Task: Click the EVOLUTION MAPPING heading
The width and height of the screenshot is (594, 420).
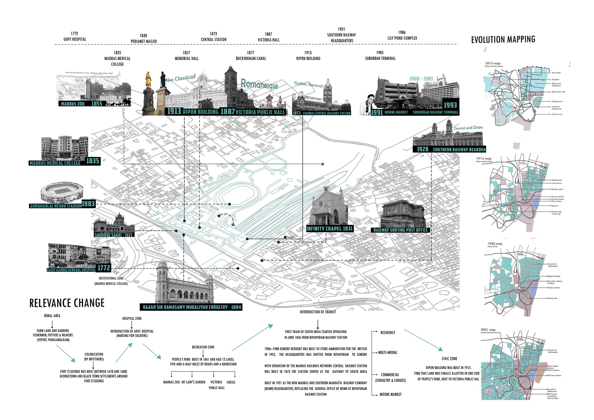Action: pyautogui.click(x=503, y=40)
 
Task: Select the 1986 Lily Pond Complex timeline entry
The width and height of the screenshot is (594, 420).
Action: pyautogui.click(x=402, y=35)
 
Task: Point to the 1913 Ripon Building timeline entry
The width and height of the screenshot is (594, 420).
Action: pyautogui.click(x=308, y=56)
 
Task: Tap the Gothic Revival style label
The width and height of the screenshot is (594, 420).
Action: pyautogui.click(x=308, y=84)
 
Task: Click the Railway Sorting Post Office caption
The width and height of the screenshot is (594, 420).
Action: pyautogui.click(x=400, y=230)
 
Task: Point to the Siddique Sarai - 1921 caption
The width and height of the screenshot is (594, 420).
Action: pyautogui.click(x=114, y=235)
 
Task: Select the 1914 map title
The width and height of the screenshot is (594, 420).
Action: pyautogui.click(x=484, y=158)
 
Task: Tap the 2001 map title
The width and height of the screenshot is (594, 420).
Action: pyautogui.click(x=488, y=330)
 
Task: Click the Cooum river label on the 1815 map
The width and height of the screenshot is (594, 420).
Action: pyautogui.click(x=557, y=114)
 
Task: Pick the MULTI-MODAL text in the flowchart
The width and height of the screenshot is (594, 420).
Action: pyautogui.click(x=388, y=352)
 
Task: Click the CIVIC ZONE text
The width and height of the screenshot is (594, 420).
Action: pyautogui.click(x=449, y=359)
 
